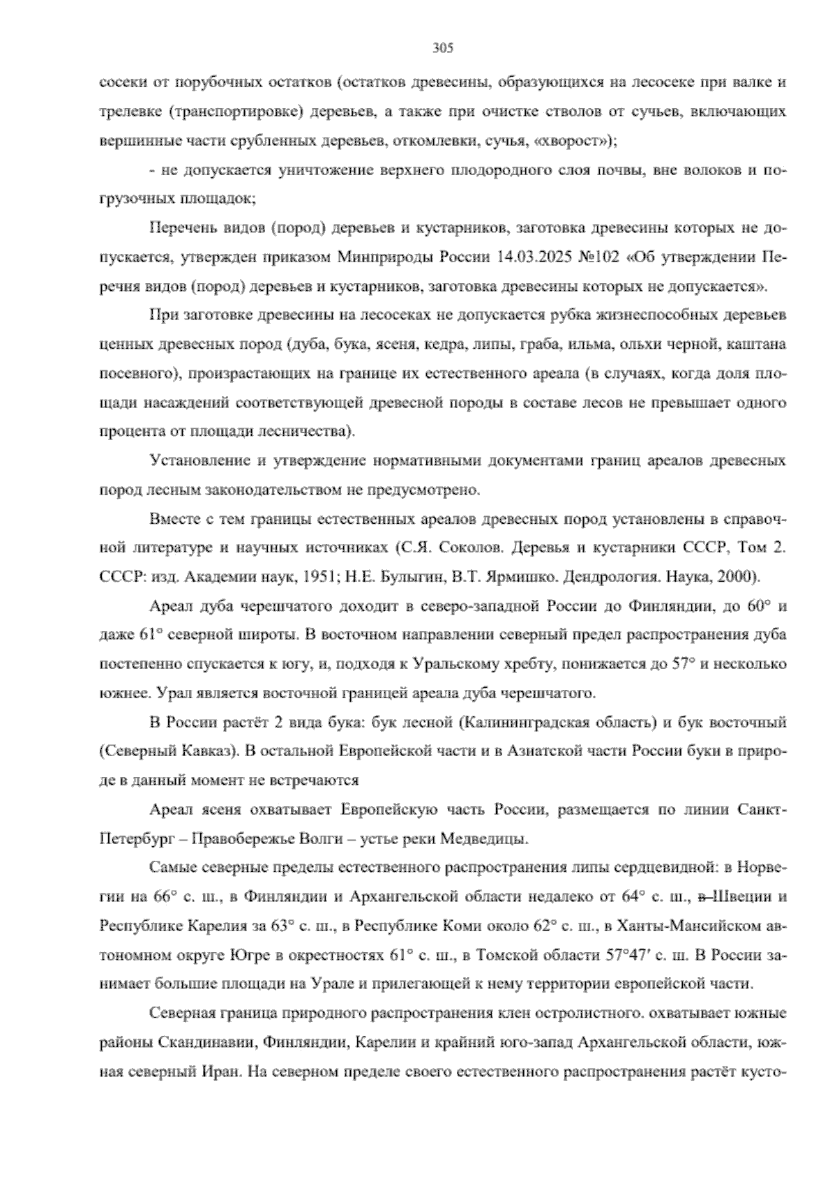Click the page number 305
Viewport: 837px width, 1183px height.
pos(443,48)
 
